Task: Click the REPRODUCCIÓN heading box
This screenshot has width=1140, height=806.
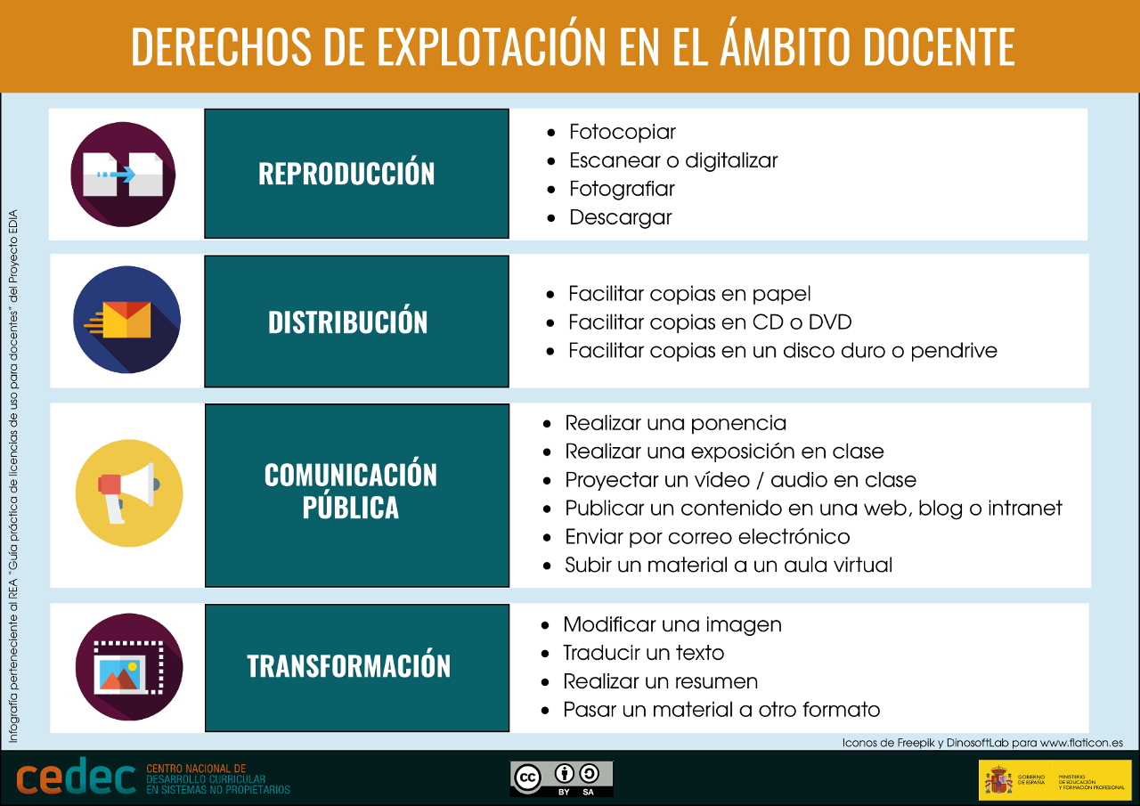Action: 356,174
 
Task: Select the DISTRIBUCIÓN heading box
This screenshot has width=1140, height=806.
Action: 356,322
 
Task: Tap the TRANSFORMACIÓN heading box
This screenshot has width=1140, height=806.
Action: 356,666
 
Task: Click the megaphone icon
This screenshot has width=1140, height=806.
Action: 129,493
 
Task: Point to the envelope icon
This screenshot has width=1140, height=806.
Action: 127,320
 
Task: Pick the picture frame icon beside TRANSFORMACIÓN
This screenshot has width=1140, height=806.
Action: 129,667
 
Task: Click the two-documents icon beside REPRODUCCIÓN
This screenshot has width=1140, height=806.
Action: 123,175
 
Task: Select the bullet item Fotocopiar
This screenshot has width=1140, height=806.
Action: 623,132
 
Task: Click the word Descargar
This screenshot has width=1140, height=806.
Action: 621,217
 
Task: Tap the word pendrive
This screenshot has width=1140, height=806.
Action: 954,351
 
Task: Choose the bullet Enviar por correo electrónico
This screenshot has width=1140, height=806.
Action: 707,537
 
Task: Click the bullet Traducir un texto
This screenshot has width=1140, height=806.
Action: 643,653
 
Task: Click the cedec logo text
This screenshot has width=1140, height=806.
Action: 76,778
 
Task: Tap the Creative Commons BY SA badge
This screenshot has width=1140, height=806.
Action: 561,778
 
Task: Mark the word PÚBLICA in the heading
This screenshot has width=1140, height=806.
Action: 350,508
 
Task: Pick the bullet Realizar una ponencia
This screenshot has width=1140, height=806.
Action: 675,423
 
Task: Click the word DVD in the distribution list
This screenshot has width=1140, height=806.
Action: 830,322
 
